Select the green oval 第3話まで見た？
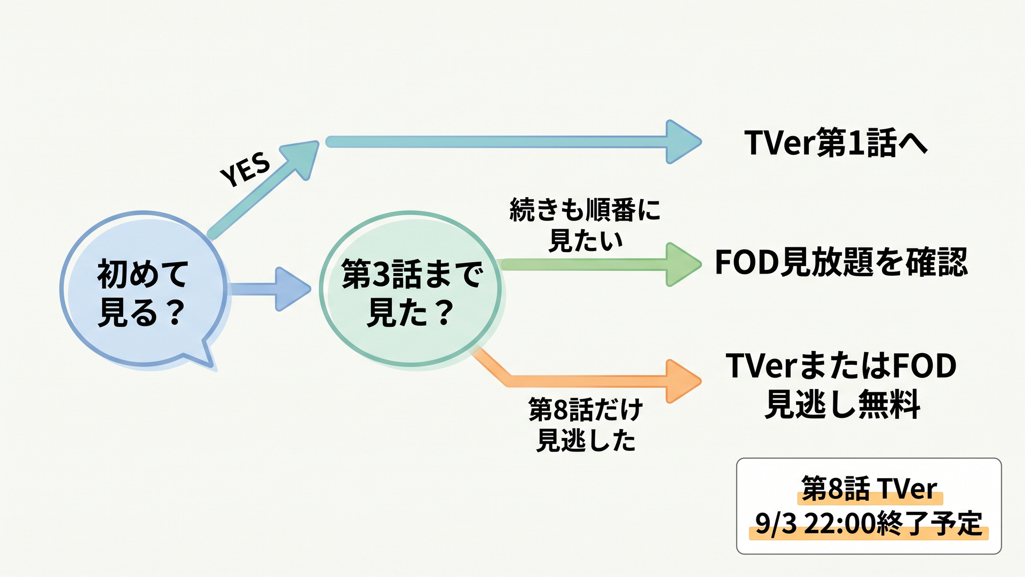point(410,289)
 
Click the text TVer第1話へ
point(836,143)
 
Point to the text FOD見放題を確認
point(841,262)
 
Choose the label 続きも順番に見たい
point(586,225)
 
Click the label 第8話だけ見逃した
point(586,425)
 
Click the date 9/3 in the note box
point(776,524)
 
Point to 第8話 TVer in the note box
point(869,488)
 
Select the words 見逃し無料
point(842,404)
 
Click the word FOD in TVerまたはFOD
point(924,366)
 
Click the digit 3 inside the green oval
point(381,275)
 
